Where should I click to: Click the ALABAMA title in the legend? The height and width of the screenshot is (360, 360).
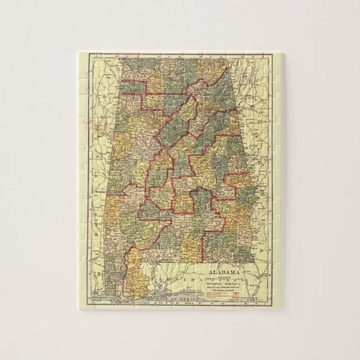(x=226, y=272)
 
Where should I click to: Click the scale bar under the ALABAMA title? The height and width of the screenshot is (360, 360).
(x=226, y=277)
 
